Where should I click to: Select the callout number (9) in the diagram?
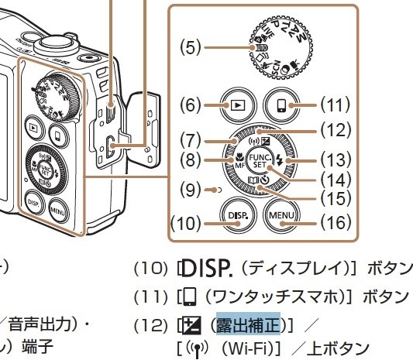[x=190, y=187]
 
